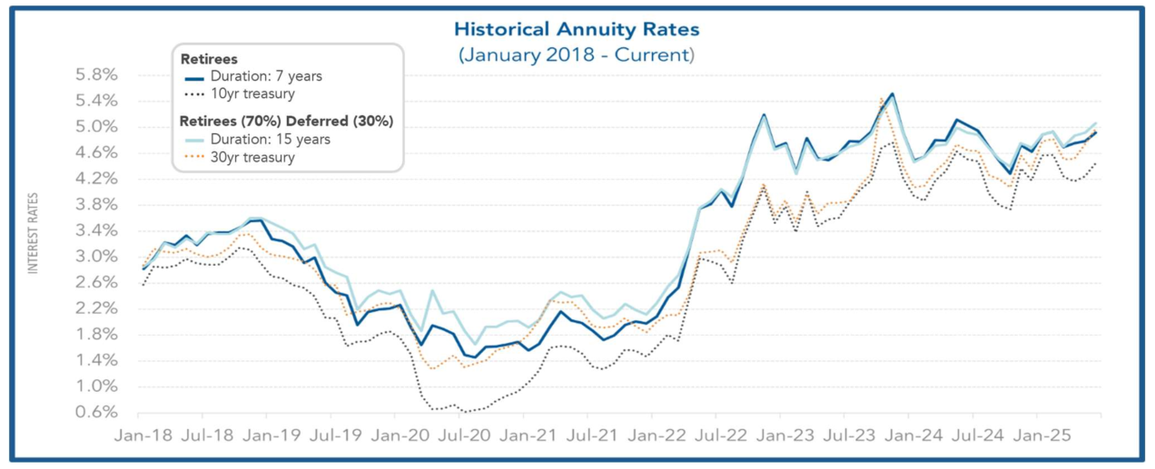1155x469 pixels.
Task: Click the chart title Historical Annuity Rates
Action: click(577, 29)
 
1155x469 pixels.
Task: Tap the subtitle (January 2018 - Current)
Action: click(577, 54)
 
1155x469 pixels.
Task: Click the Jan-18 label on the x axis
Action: click(143, 435)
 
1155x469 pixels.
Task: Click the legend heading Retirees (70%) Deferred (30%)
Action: click(285, 121)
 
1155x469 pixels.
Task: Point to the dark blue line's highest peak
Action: click(893, 93)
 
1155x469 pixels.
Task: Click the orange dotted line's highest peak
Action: click(882, 98)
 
